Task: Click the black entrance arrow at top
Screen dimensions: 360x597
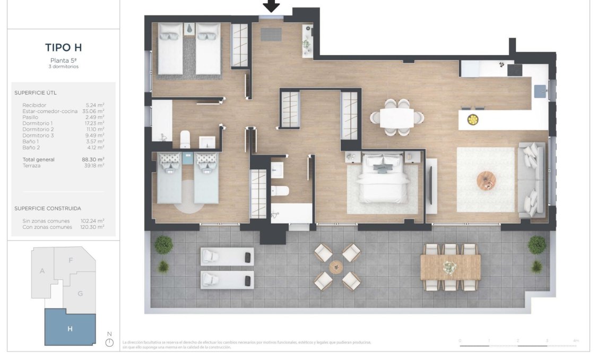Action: click(271, 6)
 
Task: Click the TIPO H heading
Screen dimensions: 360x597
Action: click(63, 48)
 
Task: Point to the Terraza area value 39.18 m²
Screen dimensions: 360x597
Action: click(95, 166)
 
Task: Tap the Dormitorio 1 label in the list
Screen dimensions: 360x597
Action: click(38, 123)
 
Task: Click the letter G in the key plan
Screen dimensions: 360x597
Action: click(80, 294)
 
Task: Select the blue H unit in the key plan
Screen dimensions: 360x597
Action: click(70, 328)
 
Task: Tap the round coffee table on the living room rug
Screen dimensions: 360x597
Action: click(486, 180)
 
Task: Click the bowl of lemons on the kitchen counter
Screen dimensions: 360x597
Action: click(471, 120)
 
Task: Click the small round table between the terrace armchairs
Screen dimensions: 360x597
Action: click(336, 267)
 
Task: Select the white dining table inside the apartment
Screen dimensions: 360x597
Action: click(396, 118)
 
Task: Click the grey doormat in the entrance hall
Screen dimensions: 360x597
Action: click(271, 35)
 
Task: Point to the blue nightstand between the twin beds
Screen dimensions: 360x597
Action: click(188, 158)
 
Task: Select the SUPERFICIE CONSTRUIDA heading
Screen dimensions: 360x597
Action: click(48, 208)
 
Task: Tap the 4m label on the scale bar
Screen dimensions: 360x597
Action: click(576, 340)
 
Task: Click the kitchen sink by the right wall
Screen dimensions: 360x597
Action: click(540, 91)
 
